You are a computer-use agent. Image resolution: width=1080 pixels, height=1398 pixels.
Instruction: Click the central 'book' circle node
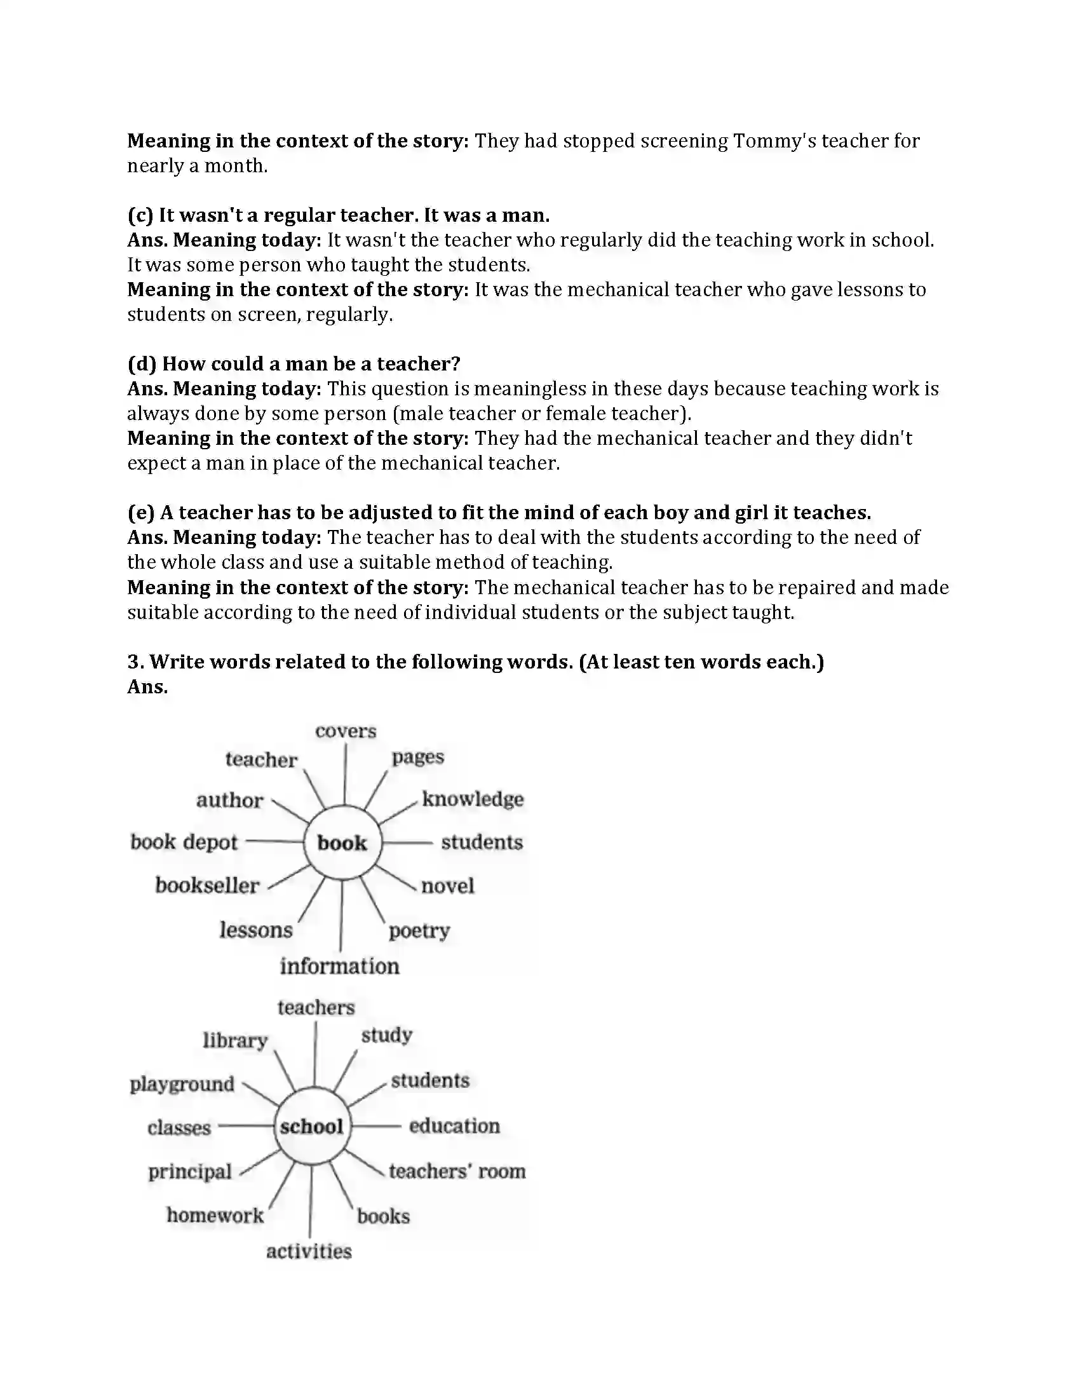pyautogui.click(x=342, y=843)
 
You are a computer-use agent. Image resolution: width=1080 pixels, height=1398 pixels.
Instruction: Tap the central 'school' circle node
pyautogui.click(x=311, y=1126)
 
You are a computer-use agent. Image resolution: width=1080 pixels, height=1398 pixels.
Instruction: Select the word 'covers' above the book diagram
pyautogui.click(x=346, y=731)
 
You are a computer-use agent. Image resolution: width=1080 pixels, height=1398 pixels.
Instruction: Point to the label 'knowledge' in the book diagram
pyautogui.click(x=472, y=799)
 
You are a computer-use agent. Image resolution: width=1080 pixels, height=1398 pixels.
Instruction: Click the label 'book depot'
pyautogui.click(x=184, y=842)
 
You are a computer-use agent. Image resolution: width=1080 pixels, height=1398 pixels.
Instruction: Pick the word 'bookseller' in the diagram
pyautogui.click(x=206, y=885)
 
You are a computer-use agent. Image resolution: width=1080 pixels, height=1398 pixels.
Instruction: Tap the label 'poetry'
pyautogui.click(x=419, y=930)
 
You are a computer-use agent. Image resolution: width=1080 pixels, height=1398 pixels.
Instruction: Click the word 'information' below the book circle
pyautogui.click(x=339, y=966)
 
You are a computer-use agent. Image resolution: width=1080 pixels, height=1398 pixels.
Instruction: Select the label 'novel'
pyautogui.click(x=447, y=886)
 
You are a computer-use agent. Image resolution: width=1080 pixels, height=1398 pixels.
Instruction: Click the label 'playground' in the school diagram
pyautogui.click(x=182, y=1083)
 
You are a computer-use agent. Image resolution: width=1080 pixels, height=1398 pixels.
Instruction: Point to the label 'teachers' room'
pyautogui.click(x=457, y=1171)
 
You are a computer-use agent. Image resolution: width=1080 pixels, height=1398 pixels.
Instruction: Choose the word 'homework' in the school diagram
pyautogui.click(x=215, y=1215)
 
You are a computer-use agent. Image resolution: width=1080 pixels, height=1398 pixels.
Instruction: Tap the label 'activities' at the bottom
pyautogui.click(x=309, y=1251)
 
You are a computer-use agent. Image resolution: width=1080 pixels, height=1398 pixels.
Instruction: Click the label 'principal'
pyautogui.click(x=189, y=1171)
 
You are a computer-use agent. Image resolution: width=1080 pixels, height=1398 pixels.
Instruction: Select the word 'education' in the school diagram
pyautogui.click(x=454, y=1126)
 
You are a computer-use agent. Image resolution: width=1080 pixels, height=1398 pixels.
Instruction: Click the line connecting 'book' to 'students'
pyautogui.click(x=408, y=843)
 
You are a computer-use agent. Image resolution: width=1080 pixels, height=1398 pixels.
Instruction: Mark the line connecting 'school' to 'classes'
pyautogui.click(x=246, y=1126)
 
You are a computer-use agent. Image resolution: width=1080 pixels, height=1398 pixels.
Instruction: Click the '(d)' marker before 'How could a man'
pyautogui.click(x=142, y=363)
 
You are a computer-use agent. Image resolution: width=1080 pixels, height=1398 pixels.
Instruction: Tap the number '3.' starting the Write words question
pyautogui.click(x=136, y=662)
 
